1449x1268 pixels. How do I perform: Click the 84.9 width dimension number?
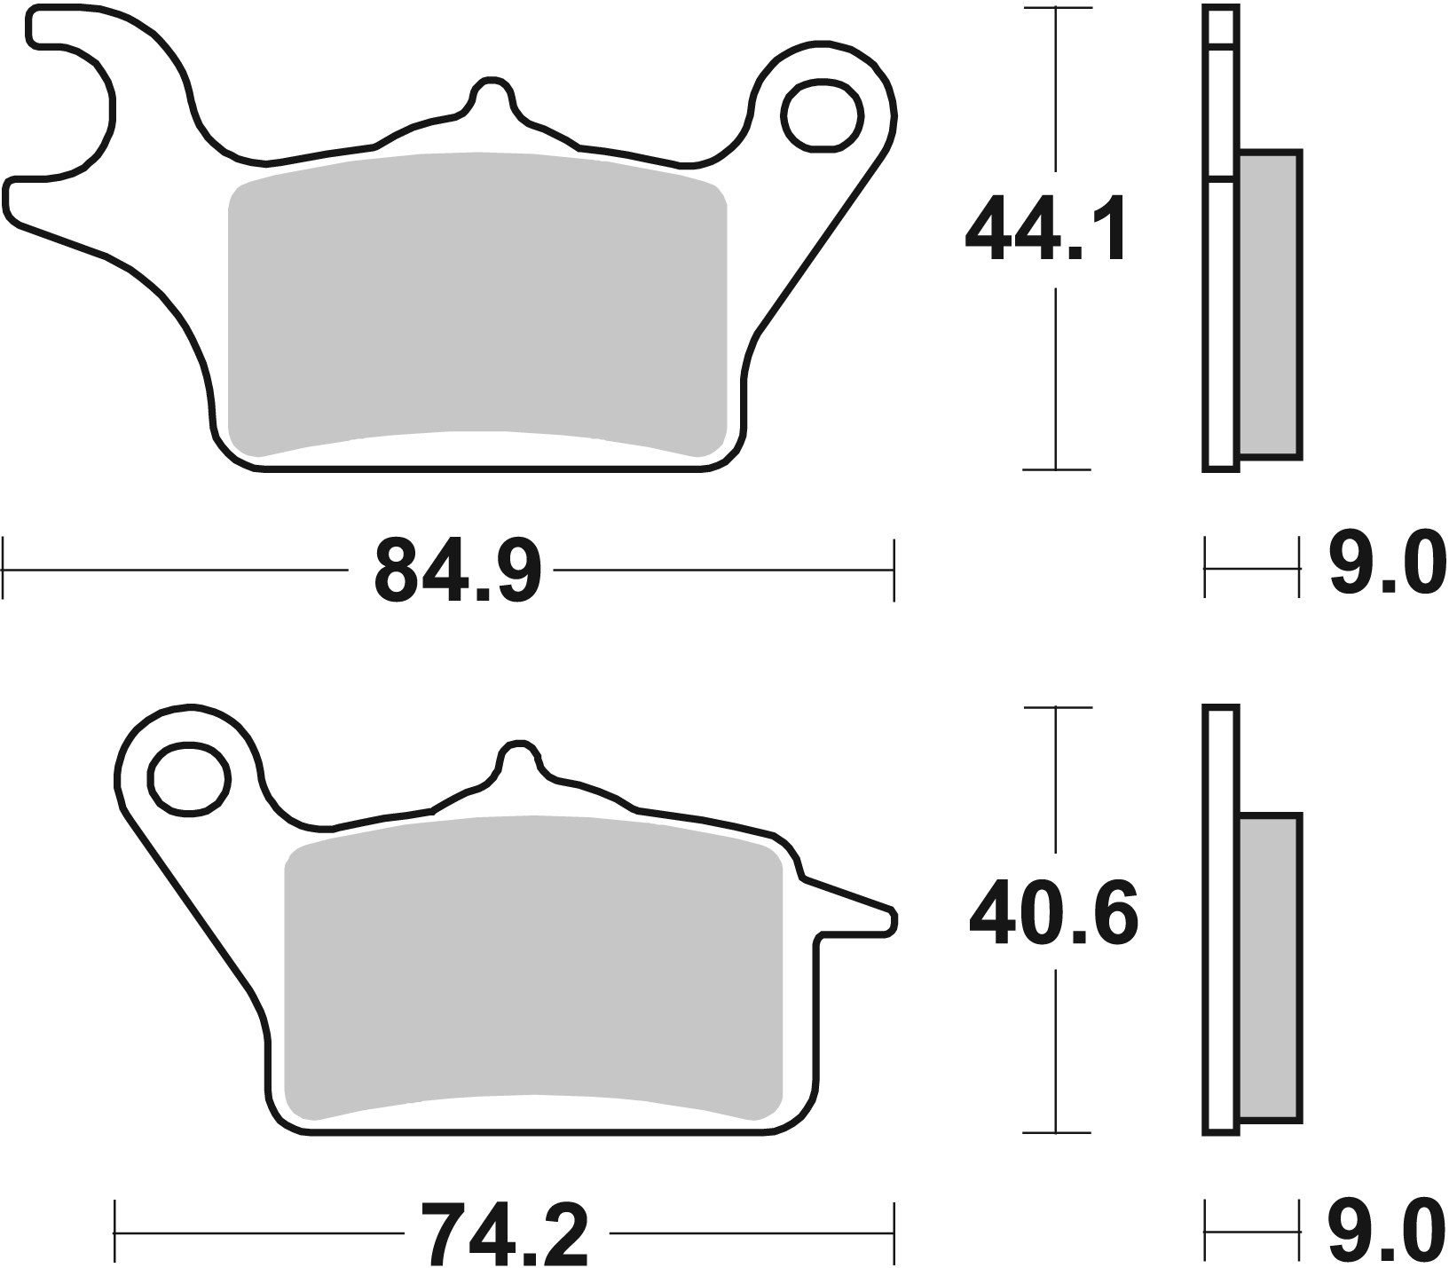[457, 571]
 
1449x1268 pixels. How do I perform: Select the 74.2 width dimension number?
[504, 1233]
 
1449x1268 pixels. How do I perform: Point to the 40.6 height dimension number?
[1053, 913]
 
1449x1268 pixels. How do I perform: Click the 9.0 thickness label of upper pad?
[1387, 565]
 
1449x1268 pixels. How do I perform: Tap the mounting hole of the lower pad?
[188, 779]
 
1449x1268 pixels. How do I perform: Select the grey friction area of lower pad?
[532, 967]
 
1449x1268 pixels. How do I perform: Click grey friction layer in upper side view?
[1269, 306]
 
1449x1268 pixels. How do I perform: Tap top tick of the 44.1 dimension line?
[1056, 8]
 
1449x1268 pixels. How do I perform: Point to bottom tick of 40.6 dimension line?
[1056, 1132]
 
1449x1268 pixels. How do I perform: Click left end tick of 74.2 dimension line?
[116, 1233]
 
